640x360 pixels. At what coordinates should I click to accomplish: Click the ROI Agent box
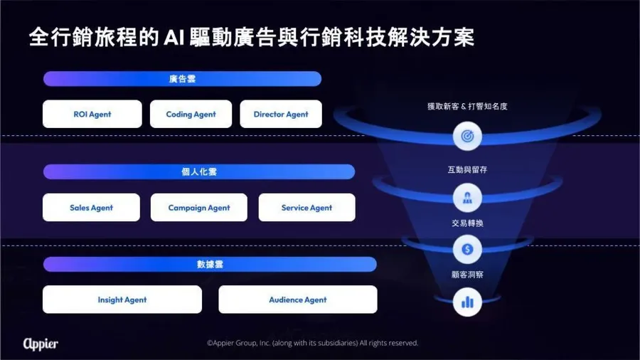coord(92,114)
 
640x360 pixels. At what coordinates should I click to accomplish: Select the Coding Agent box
coord(191,114)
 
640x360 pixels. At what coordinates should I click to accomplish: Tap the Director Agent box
coord(281,114)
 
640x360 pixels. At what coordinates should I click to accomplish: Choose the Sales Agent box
coord(91,208)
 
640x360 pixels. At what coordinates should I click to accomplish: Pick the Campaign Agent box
coord(199,208)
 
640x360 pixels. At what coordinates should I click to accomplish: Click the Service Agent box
coord(306,208)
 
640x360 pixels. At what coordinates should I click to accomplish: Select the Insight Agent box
coord(122,300)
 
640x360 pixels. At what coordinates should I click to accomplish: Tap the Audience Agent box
coord(298,300)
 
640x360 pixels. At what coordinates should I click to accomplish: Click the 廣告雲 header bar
coord(182,79)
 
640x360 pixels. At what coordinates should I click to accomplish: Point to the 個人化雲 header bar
coord(199,171)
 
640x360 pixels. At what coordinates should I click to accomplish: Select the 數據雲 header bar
coord(210,265)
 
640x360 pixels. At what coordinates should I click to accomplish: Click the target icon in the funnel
coord(467,135)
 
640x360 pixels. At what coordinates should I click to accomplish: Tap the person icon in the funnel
coord(467,198)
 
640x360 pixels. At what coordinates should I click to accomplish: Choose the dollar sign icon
coord(467,249)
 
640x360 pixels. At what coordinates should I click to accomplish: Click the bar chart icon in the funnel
coord(467,302)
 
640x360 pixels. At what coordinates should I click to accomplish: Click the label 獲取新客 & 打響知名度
coord(467,106)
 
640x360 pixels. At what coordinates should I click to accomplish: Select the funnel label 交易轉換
coord(467,223)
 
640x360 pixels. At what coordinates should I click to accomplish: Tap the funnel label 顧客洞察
coord(467,275)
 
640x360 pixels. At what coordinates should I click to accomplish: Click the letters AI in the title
coord(176,38)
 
